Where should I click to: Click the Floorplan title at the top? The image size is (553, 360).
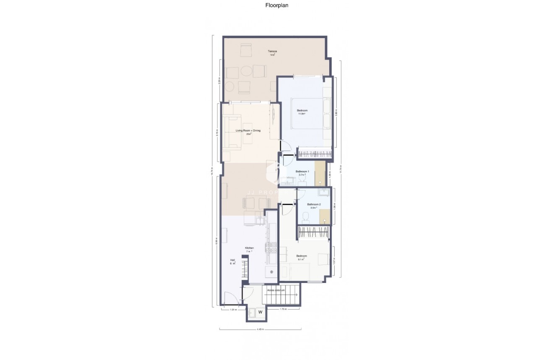point(276,5)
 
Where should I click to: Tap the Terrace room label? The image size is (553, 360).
point(272,52)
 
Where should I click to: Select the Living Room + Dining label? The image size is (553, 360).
point(248,131)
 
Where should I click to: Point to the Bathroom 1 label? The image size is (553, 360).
point(302,172)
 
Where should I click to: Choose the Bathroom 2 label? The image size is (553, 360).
point(313,205)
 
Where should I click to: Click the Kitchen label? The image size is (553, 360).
point(249,248)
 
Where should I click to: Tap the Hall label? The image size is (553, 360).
point(232,260)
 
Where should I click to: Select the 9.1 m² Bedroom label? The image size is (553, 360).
point(302,256)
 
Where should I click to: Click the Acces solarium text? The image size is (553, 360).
point(276,290)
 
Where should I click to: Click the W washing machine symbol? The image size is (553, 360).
point(260,312)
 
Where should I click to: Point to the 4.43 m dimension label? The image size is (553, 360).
point(260,329)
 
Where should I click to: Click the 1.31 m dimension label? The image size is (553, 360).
point(233,310)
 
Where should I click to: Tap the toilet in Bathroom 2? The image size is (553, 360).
point(306,216)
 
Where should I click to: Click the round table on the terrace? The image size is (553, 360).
point(246,71)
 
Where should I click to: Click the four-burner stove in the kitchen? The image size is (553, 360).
point(269,248)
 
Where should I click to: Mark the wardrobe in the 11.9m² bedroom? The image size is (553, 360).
point(315,153)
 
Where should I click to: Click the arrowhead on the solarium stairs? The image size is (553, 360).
point(297,295)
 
